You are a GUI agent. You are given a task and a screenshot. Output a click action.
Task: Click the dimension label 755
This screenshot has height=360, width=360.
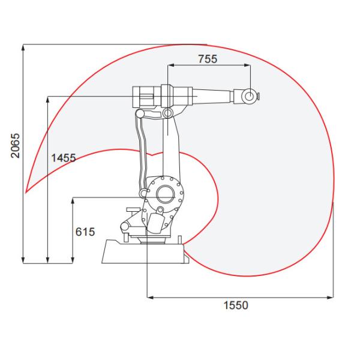208,59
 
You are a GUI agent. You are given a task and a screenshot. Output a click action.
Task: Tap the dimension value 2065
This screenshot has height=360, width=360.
16,146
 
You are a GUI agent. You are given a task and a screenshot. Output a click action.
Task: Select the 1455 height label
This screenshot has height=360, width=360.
64,158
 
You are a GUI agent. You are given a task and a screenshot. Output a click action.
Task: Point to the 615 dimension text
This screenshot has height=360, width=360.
85,232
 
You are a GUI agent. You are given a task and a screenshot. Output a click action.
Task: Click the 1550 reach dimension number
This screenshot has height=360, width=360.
236,305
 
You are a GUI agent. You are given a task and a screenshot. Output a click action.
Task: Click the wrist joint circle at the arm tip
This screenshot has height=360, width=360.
249,96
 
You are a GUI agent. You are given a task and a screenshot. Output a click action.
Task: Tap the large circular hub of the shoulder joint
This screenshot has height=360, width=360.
164,194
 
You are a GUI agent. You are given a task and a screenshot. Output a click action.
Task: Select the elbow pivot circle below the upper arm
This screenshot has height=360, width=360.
167,113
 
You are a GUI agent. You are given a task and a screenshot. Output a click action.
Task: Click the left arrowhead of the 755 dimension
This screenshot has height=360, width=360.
171,65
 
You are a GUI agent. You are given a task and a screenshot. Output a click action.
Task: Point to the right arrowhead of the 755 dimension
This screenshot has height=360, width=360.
247,65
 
